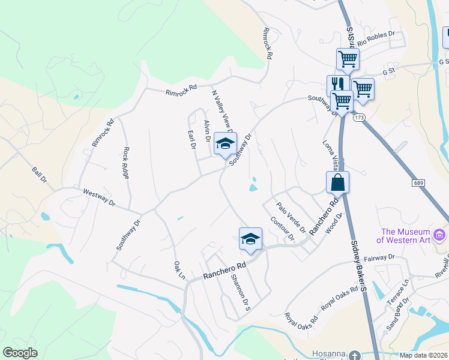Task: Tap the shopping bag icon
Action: tap(337, 182)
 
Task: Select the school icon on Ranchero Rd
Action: tap(250, 239)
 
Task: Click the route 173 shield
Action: tap(359, 118)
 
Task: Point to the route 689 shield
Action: tap(419, 182)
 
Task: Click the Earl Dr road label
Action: tap(192, 140)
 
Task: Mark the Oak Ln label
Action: tap(178, 268)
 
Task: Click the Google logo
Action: tap(20, 353)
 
